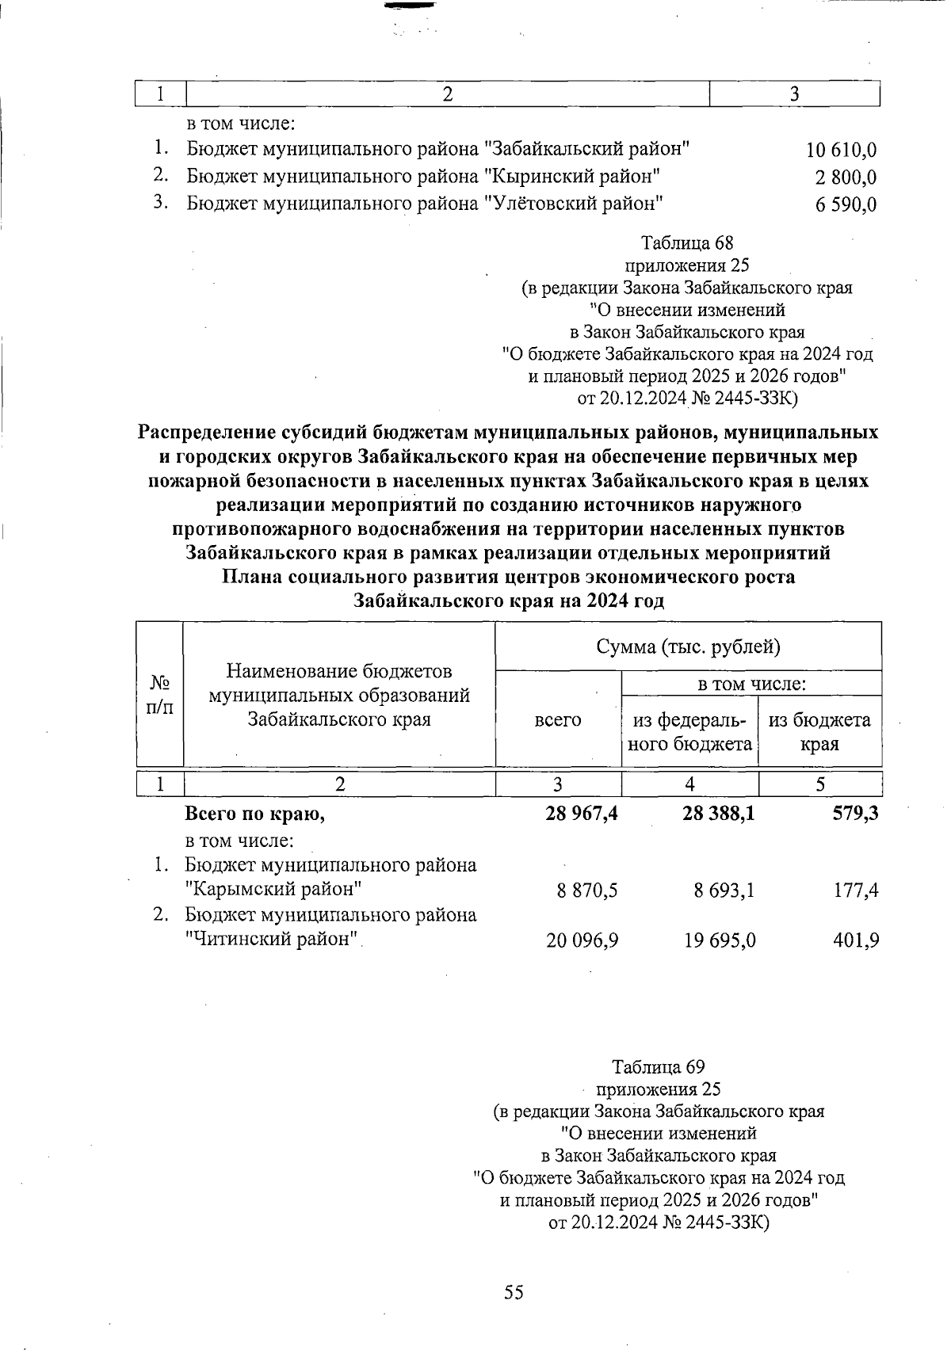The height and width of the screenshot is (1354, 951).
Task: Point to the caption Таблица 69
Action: (659, 1066)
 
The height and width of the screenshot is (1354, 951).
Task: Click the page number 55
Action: (514, 1292)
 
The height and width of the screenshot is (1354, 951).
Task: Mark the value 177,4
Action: (856, 891)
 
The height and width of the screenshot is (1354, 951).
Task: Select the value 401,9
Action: (856, 940)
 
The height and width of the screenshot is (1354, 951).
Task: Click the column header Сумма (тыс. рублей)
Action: (688, 647)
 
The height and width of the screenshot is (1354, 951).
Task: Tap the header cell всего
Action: (558, 720)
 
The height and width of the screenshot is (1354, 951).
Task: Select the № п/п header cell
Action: (160, 694)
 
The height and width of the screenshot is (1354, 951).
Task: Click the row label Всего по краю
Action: (254, 814)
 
